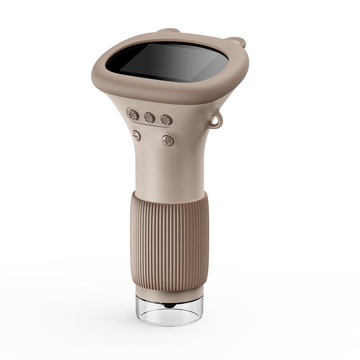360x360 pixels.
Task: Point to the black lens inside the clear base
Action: (169, 306)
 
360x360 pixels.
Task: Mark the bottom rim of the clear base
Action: (170, 322)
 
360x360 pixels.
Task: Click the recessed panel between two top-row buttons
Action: (141, 116)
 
